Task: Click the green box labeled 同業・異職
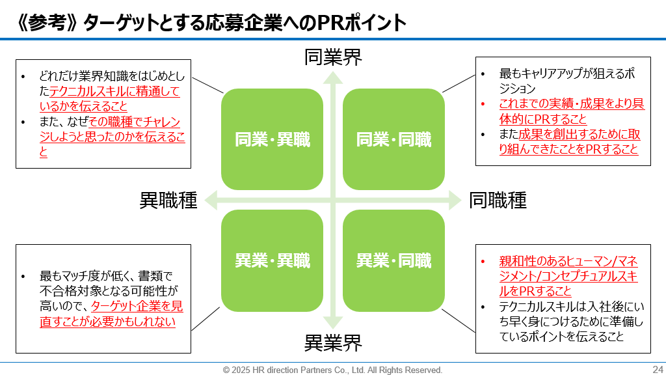point(272,139)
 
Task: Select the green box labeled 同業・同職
point(393,139)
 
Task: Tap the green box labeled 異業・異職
point(272,261)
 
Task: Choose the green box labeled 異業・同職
point(393,261)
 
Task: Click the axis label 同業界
point(333,57)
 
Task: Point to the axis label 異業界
point(333,342)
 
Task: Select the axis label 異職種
point(168,201)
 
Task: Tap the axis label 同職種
point(498,201)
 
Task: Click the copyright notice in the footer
point(332,370)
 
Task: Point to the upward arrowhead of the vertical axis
point(333,77)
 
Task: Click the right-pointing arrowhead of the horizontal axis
point(455,201)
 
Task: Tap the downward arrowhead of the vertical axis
point(333,322)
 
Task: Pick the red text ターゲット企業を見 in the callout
point(137,306)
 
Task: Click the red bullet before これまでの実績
point(483,104)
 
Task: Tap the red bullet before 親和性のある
point(483,262)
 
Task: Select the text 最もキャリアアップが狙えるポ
point(566,74)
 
